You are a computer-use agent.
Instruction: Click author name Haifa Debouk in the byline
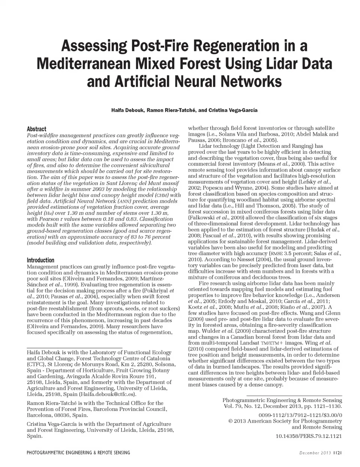tap(127, 111)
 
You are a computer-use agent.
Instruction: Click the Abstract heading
tap(36, 129)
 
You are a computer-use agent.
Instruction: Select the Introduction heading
tap(40, 260)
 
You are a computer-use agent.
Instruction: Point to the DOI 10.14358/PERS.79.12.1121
tap(309, 436)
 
